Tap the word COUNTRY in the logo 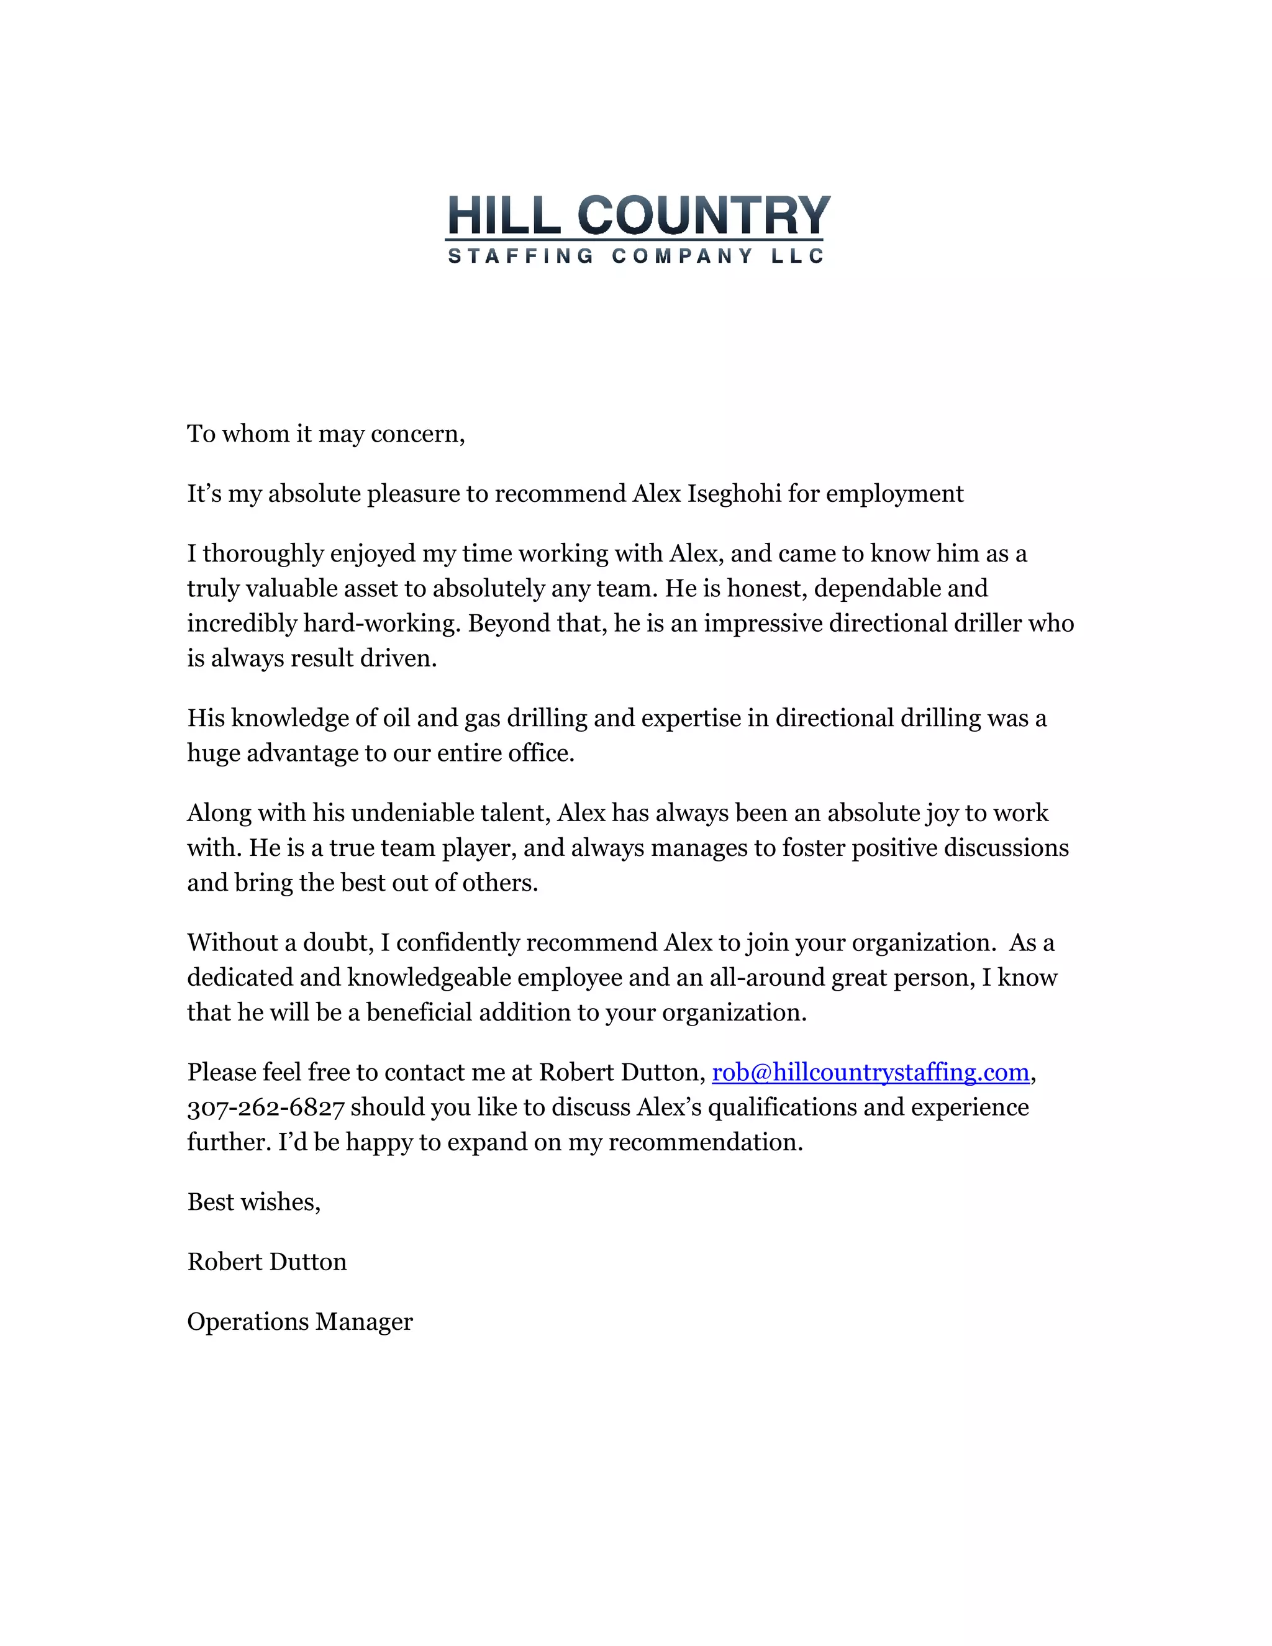704,216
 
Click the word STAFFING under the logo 520,257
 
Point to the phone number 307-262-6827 266,1107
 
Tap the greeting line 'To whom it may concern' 325,434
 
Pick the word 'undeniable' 402,813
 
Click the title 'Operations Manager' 300,1322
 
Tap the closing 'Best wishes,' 254,1202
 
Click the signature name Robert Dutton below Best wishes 266,1262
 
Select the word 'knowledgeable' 429,978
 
